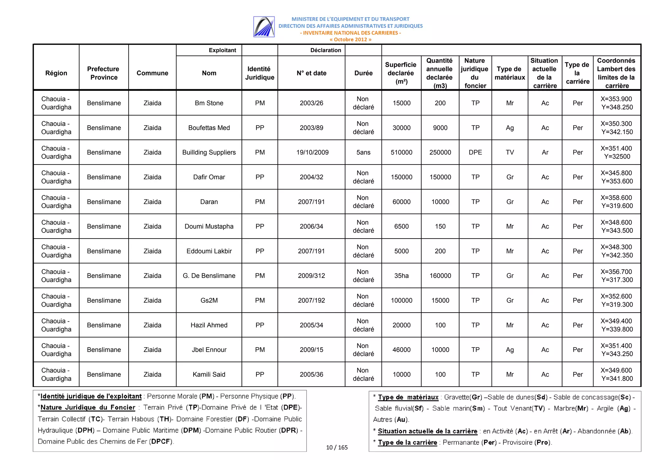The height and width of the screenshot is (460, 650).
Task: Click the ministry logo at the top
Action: (264, 27)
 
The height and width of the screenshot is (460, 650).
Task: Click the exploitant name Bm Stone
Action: (209, 103)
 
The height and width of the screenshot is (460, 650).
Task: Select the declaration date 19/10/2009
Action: (312, 152)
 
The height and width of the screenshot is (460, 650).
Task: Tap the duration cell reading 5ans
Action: (363, 152)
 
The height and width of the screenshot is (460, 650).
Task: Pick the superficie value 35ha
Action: (401, 275)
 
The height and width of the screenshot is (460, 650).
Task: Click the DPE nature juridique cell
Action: (475, 152)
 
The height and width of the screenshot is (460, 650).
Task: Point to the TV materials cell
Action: (510, 152)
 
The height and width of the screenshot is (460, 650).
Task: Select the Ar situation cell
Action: (545, 152)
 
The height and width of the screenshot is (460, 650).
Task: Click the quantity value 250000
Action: (440, 152)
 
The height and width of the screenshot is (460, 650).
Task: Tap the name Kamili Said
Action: (209, 374)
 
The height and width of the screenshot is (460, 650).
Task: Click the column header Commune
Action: (152, 73)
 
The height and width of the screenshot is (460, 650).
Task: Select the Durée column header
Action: (363, 73)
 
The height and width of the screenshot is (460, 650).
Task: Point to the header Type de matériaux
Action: (510, 73)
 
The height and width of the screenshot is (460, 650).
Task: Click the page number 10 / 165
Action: (337, 447)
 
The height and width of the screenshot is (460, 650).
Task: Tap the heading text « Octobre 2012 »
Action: (350, 39)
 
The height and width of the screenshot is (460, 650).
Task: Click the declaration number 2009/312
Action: (311, 275)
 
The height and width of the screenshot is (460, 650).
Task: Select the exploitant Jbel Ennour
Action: (209, 349)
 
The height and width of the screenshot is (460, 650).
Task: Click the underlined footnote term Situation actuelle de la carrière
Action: (427, 431)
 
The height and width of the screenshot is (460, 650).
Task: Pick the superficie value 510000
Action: (401, 152)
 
